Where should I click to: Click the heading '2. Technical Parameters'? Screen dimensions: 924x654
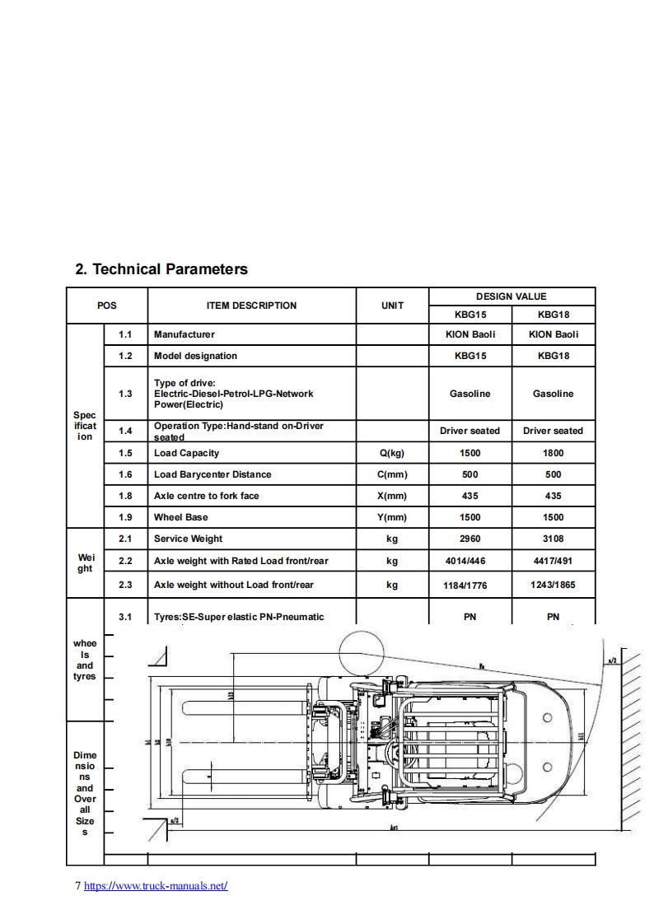pyautogui.click(x=161, y=269)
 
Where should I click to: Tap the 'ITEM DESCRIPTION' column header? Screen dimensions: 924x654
pyautogui.click(x=251, y=306)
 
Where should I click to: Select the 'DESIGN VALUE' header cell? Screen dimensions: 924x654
pyautogui.click(x=511, y=296)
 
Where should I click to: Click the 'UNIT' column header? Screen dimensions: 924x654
pyautogui.click(x=392, y=306)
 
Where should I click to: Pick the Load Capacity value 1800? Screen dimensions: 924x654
pyautogui.click(x=553, y=453)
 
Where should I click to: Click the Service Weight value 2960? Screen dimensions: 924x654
pyautogui.click(x=469, y=539)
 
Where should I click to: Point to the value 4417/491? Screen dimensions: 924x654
pyautogui.click(x=553, y=562)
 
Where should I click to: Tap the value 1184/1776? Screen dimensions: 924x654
pyautogui.click(x=469, y=586)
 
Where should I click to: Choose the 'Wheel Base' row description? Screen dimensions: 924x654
pyautogui.click(x=181, y=517)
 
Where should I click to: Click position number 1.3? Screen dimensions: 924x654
pyautogui.click(x=125, y=394)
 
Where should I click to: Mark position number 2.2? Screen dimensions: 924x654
pyautogui.click(x=125, y=562)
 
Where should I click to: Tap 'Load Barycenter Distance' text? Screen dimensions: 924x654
pyautogui.click(x=213, y=474)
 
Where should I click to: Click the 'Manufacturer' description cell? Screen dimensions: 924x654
pyautogui.click(x=185, y=334)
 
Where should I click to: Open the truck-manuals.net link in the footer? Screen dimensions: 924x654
pyautogui.click(x=156, y=886)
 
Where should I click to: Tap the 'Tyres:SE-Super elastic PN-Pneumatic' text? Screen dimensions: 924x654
pyautogui.click(x=239, y=617)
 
